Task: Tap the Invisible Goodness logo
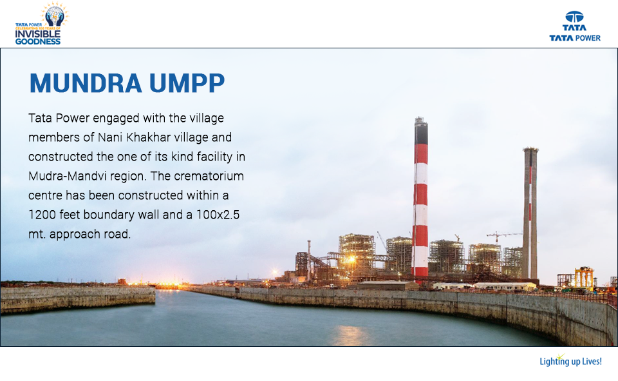pos(40,24)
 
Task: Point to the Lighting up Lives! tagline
pos(570,361)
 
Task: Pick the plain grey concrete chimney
pos(530,213)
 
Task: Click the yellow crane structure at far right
pos(585,277)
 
